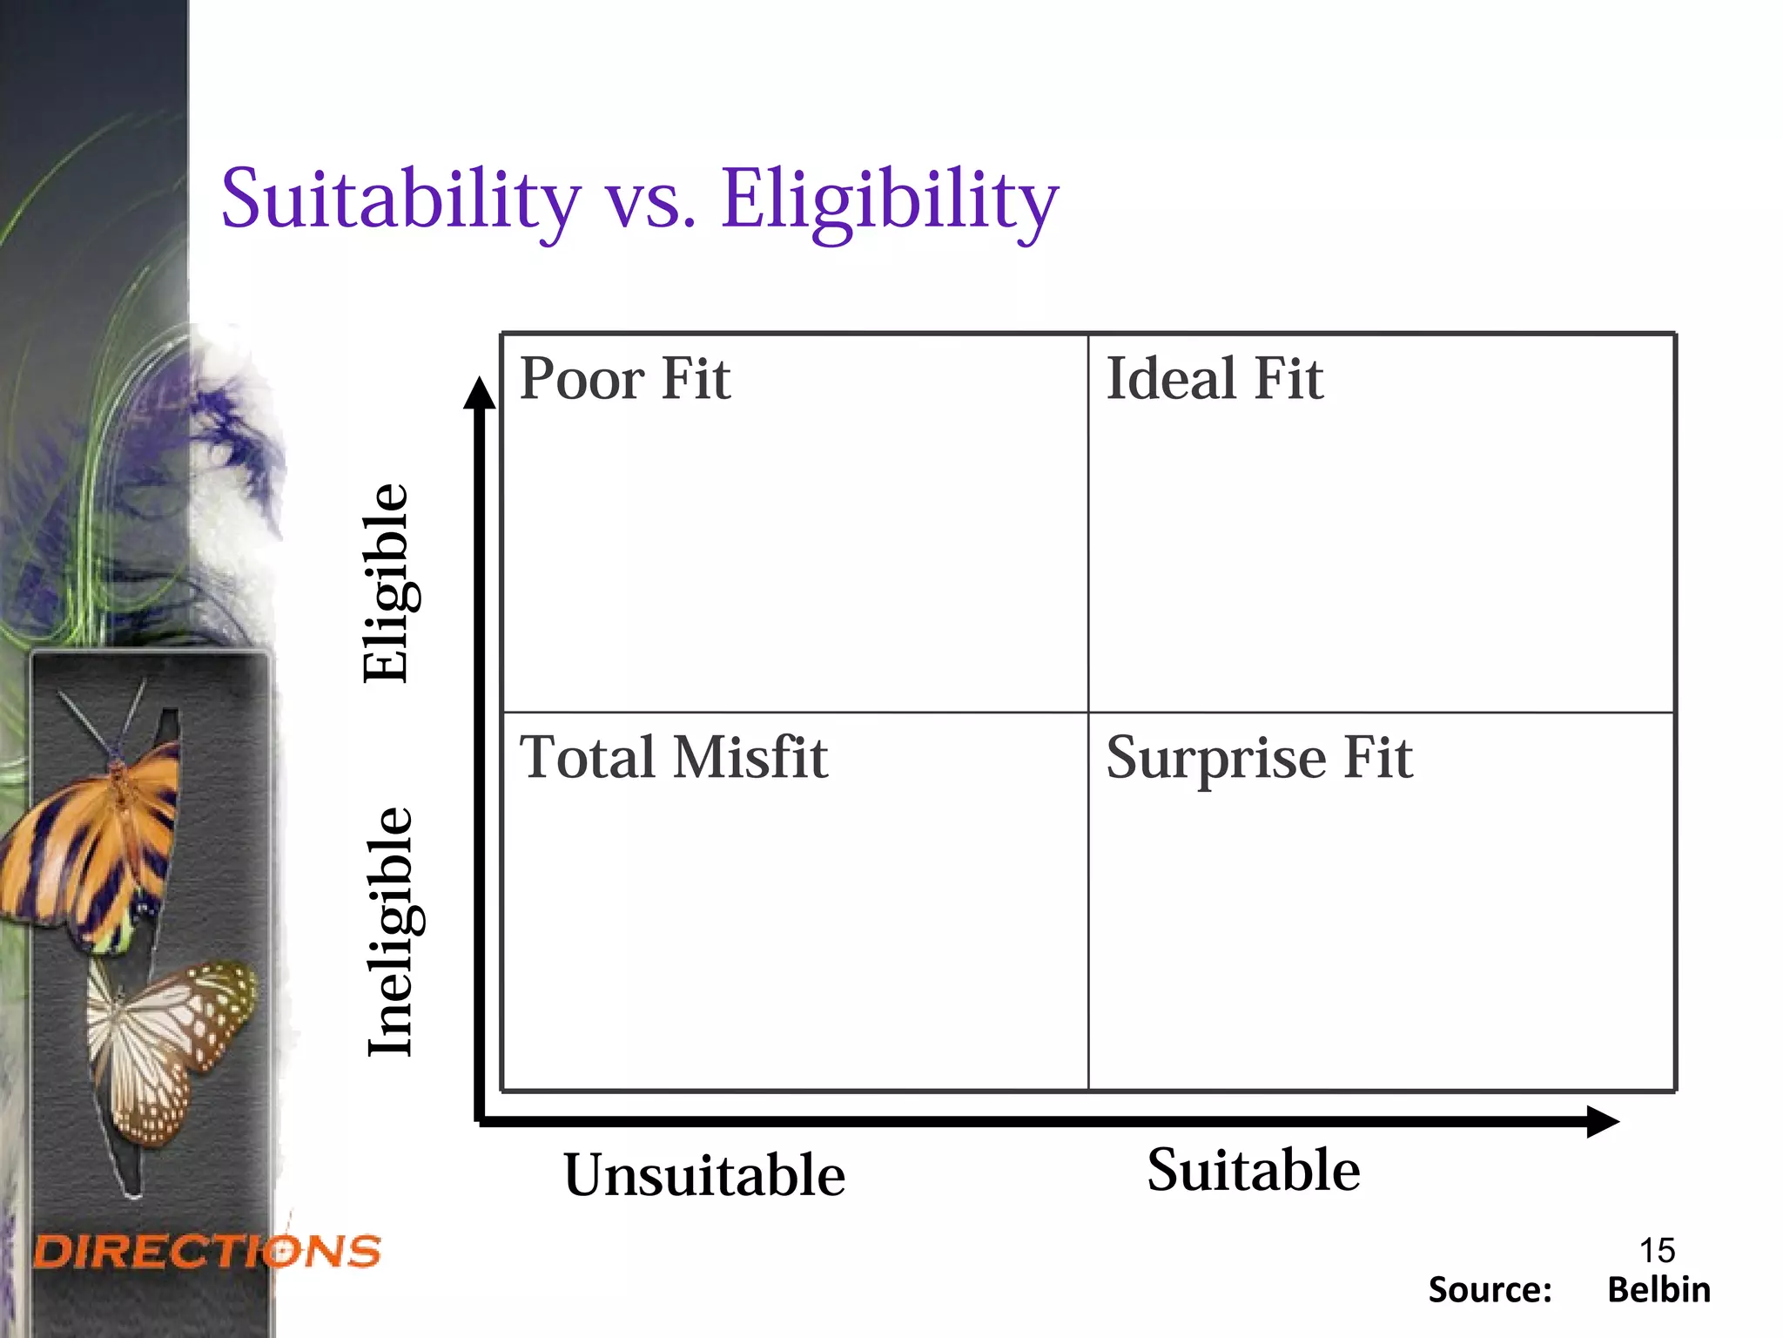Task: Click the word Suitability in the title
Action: (400, 200)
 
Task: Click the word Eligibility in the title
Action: (890, 200)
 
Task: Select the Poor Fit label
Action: (624, 379)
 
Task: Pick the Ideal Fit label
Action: (1214, 379)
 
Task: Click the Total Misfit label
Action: (673, 757)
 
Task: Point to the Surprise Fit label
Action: (1259, 758)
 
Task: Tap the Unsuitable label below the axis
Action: (704, 1175)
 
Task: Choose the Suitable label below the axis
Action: (1253, 1170)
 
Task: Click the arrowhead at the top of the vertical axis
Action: (479, 394)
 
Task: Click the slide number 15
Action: (1657, 1250)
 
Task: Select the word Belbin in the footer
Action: (1659, 1290)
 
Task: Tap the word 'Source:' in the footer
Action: (1490, 1290)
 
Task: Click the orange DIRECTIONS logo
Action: (207, 1252)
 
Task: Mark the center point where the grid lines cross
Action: (1088, 713)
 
